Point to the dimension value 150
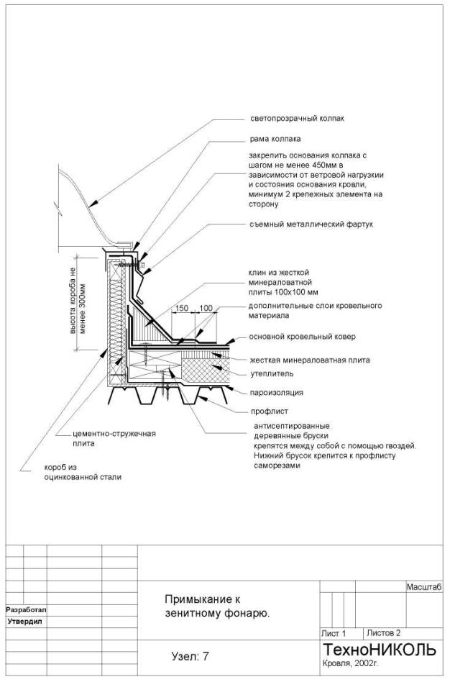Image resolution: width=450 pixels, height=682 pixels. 182,308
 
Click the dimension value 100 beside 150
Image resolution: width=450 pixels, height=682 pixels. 206,308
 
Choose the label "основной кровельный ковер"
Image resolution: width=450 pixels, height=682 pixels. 302,337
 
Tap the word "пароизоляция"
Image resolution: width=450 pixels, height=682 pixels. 277,393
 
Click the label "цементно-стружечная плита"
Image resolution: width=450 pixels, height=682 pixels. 114,439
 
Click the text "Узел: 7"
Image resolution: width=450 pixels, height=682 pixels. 190,656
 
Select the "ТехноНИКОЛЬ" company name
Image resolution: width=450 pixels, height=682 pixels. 380,650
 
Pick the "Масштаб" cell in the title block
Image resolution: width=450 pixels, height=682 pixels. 423,588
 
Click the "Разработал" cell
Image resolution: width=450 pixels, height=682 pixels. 26,609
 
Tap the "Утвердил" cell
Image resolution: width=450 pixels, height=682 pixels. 26,620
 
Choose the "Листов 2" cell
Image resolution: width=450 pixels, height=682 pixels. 383,633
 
